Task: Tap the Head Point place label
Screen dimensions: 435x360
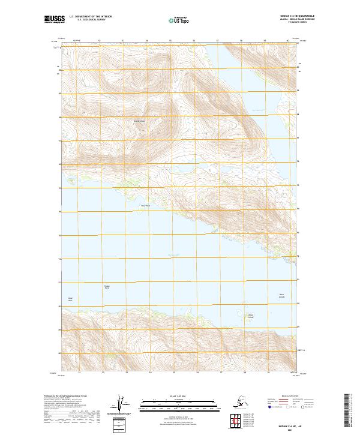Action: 144,206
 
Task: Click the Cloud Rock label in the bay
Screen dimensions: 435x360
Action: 70,299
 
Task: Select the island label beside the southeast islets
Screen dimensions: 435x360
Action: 252,316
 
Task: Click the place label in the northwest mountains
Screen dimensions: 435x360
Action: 140,121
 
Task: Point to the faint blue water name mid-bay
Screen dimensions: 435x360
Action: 174,254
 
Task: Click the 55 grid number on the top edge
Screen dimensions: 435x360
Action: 170,41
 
